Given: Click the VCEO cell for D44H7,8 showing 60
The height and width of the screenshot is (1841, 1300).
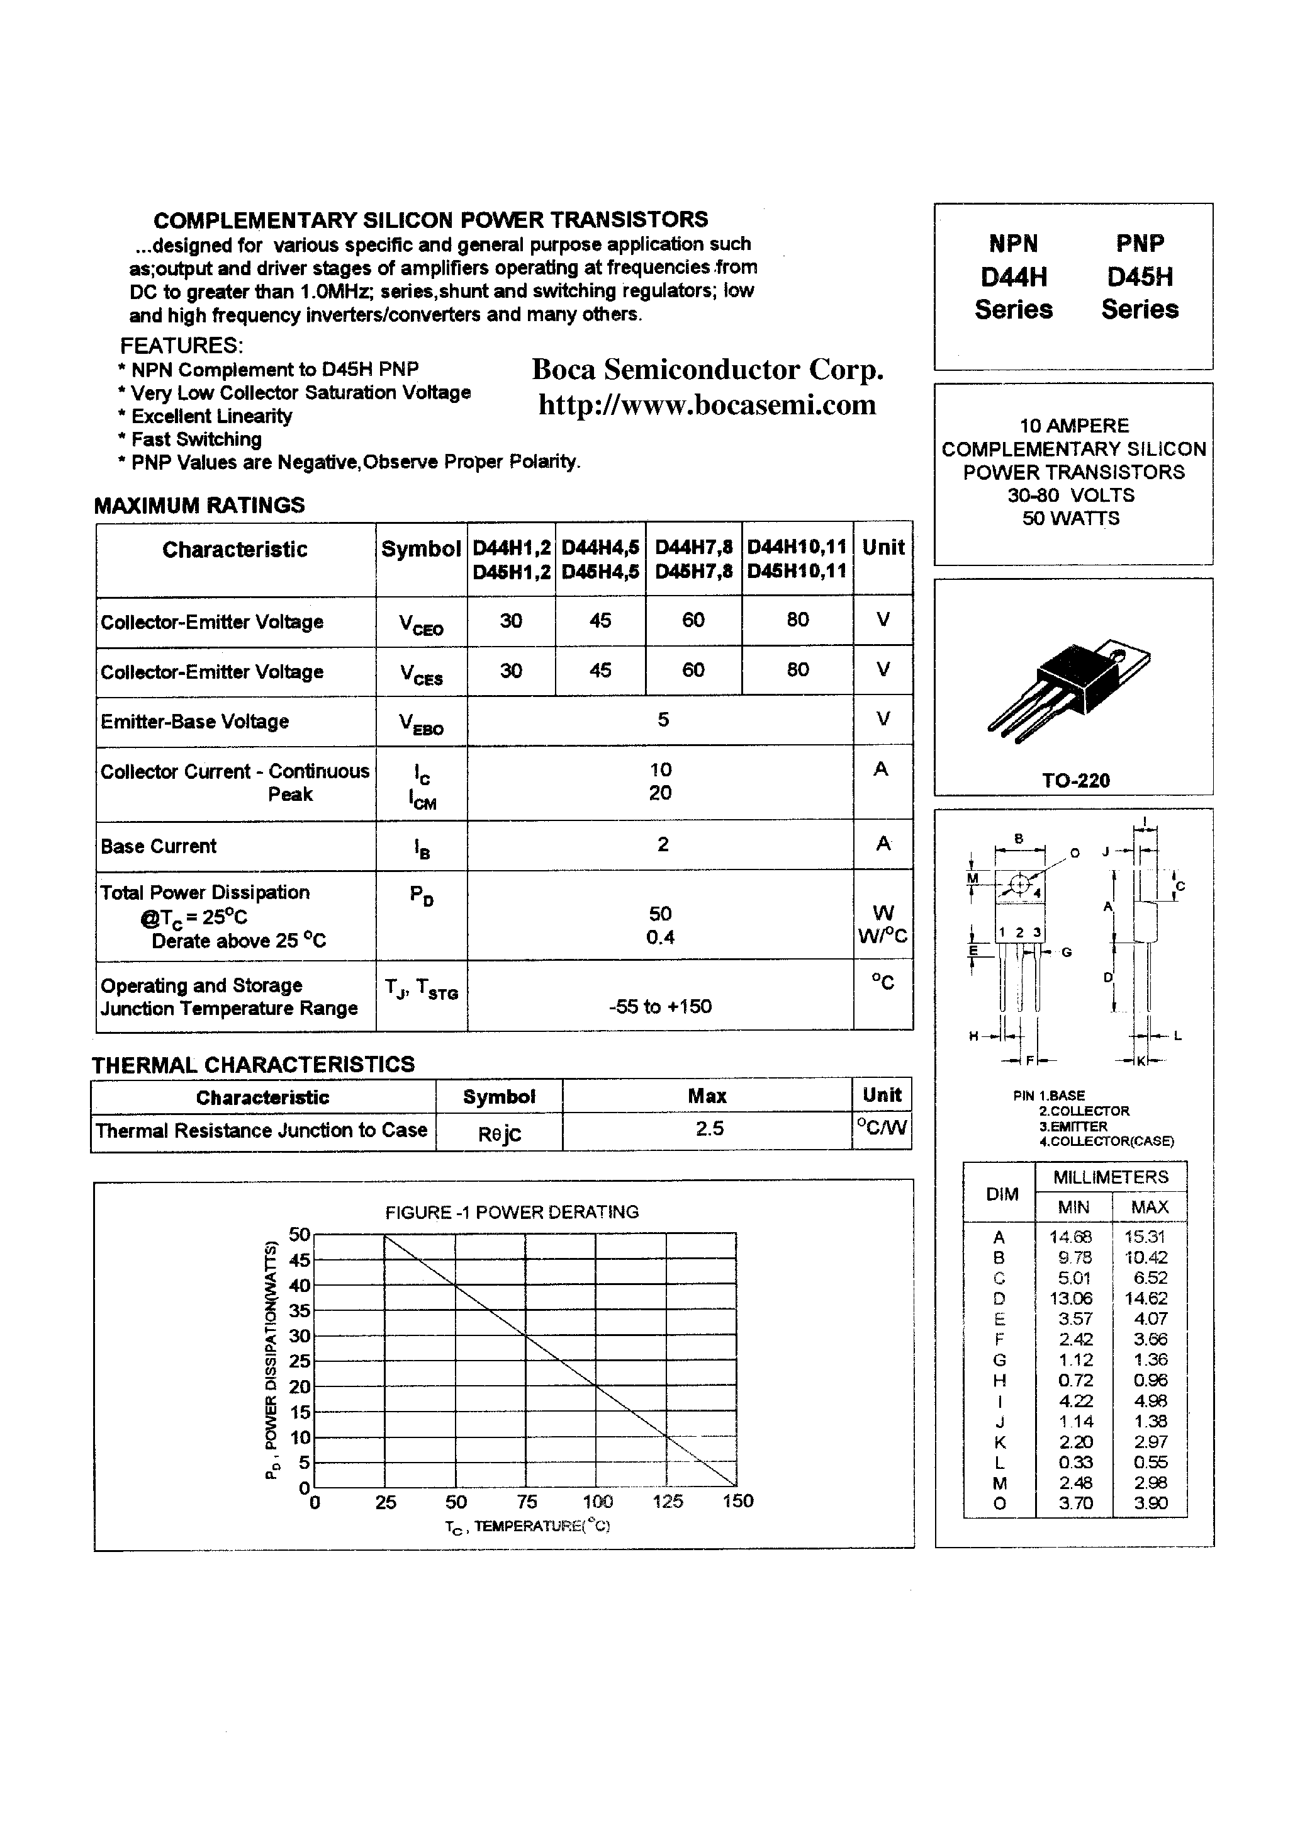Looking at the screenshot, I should pyautogui.click(x=693, y=620).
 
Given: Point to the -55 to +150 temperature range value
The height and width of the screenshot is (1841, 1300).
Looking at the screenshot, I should pyautogui.click(x=661, y=1006).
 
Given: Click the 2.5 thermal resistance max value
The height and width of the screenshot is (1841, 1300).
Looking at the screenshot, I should pyautogui.click(x=709, y=1129).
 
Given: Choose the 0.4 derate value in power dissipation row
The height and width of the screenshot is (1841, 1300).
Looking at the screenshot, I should pyautogui.click(x=661, y=936).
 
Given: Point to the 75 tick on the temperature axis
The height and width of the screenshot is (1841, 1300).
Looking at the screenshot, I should pyautogui.click(x=527, y=1502).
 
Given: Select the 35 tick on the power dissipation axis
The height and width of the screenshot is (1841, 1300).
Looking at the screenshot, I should pyautogui.click(x=299, y=1311).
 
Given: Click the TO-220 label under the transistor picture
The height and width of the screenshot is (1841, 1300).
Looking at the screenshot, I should pyautogui.click(x=1075, y=780).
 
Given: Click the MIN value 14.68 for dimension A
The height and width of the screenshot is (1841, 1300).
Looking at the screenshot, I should pyautogui.click(x=1071, y=1237).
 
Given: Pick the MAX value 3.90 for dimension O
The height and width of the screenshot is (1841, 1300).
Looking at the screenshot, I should pyautogui.click(x=1150, y=1504).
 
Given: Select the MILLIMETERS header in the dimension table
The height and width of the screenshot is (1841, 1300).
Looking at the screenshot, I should pyautogui.click(x=1110, y=1177).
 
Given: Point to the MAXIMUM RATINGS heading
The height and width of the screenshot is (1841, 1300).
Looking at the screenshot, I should pyautogui.click(x=199, y=505).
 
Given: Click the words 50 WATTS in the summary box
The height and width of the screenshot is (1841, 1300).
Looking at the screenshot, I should pyautogui.click(x=1071, y=518).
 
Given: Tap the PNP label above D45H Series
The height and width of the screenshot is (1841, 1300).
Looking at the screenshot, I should pyautogui.click(x=1140, y=243).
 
